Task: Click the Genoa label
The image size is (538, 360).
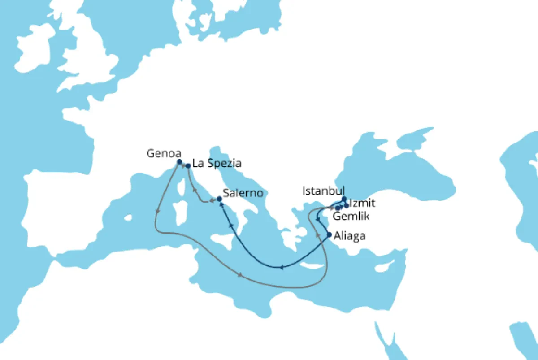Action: (x=160, y=153)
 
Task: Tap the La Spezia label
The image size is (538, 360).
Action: (x=217, y=163)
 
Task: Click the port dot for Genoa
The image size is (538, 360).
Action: (x=179, y=162)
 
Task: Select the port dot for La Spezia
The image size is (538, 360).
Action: (x=188, y=166)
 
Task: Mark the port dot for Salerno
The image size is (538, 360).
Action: (x=219, y=199)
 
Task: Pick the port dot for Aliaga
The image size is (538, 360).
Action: (x=329, y=234)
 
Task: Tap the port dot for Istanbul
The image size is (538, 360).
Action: (x=344, y=199)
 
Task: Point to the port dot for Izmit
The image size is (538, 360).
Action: (x=347, y=205)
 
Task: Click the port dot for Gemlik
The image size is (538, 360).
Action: (x=337, y=208)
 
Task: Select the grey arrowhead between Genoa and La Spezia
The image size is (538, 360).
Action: (x=184, y=165)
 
